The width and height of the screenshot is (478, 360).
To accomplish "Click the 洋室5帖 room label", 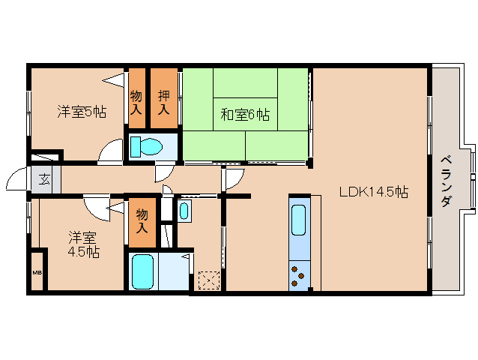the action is (82, 112).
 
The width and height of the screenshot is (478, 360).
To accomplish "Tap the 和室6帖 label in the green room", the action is (245, 115).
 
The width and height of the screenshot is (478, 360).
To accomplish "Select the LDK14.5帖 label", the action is (374, 192).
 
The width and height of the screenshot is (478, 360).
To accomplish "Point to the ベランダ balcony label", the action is (447, 181).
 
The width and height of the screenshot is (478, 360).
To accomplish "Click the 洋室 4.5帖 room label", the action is (83, 244).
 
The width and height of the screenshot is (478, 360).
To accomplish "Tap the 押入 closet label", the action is (163, 103).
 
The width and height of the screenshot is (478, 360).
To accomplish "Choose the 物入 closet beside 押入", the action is (136, 103).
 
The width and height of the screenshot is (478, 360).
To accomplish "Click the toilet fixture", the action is (146, 146).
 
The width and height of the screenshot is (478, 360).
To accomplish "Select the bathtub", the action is (142, 271).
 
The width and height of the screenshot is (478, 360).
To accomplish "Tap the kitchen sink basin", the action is (298, 220).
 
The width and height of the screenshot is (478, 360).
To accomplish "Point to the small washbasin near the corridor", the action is (184, 211).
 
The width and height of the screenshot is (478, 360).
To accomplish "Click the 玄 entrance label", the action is (44, 180).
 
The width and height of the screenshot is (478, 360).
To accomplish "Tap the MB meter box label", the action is (37, 272).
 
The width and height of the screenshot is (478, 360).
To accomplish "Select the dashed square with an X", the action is (209, 280).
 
